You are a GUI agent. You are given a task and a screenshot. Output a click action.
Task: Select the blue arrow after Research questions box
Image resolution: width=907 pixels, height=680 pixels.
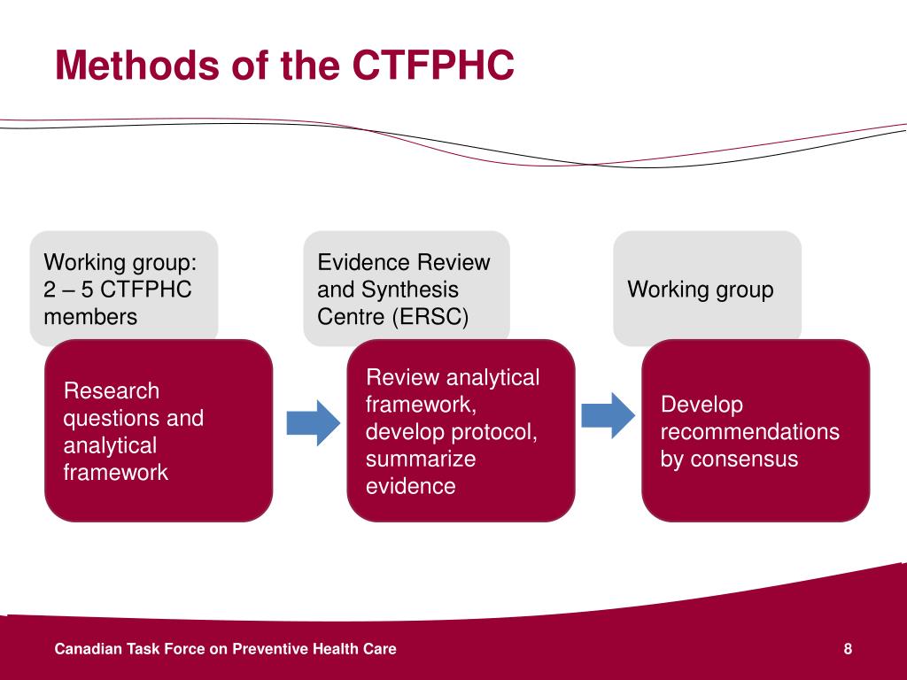313,422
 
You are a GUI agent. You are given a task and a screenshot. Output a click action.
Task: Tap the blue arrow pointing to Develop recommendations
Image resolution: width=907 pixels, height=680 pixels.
608,414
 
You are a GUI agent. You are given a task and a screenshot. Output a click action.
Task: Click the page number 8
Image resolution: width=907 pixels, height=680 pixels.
848,649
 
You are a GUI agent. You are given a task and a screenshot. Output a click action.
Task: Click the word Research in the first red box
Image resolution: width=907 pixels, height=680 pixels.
112,390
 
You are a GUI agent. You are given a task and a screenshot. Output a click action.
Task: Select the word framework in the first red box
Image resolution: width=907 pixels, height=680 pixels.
115,472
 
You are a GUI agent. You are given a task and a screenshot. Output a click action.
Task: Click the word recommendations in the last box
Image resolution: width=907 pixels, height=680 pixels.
749,432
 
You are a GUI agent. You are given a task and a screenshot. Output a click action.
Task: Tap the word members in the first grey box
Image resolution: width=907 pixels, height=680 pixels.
90,316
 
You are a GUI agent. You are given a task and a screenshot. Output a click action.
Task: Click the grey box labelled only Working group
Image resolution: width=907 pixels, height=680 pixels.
707,289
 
